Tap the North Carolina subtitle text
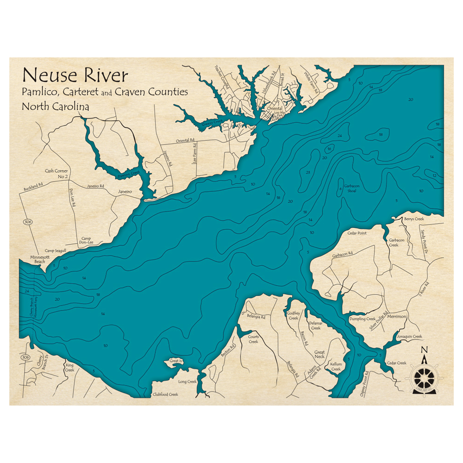pos(55,106)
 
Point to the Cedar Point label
pos(357,233)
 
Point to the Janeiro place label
pos(125,191)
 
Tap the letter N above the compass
pos(424,350)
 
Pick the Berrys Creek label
pos(414,219)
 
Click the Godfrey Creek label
pos(294,315)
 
